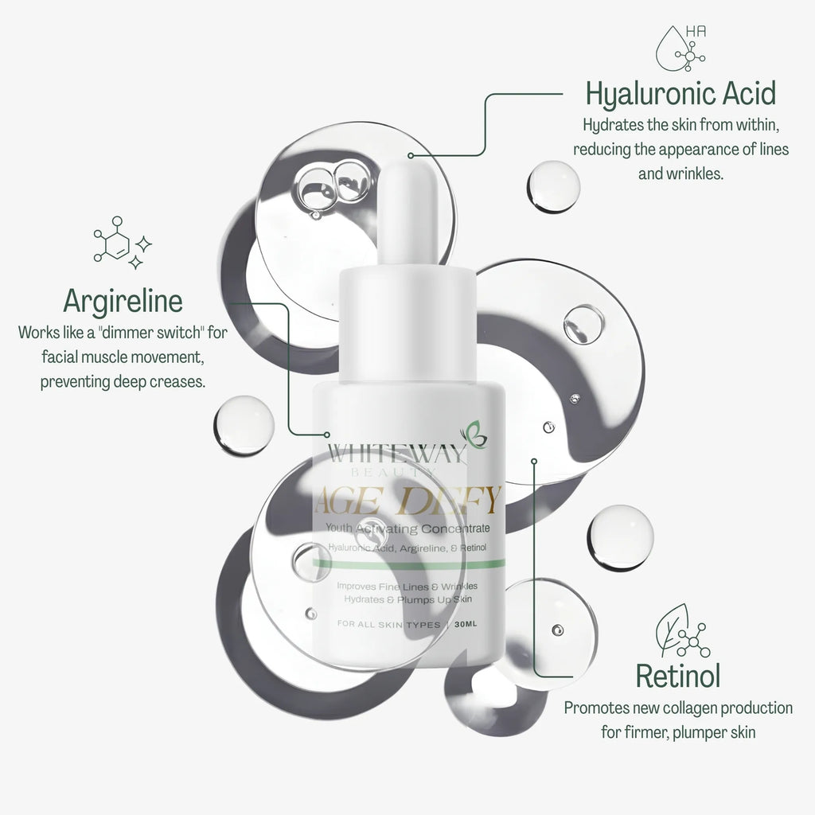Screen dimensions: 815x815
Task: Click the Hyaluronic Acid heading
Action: (680, 94)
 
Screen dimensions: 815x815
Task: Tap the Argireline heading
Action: (123, 301)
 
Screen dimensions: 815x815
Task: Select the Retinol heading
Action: (678, 676)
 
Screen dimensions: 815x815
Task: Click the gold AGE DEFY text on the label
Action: (408, 502)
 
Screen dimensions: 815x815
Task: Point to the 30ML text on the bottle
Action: (466, 625)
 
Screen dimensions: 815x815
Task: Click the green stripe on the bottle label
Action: (408, 563)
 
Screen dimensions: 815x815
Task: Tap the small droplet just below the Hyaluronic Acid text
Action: (553, 186)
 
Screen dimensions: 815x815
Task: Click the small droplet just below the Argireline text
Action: (243, 425)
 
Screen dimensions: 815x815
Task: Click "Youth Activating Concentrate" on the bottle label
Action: (408, 529)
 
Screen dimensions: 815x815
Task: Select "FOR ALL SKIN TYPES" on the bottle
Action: (388, 625)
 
